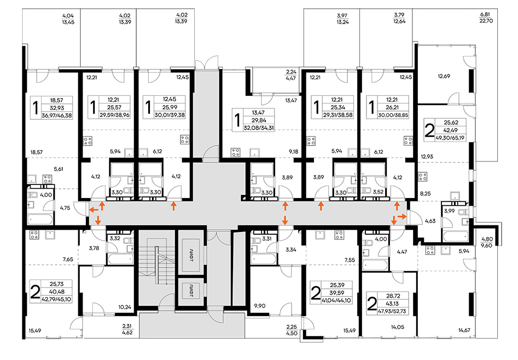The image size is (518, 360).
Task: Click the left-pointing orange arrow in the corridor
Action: click(94, 209)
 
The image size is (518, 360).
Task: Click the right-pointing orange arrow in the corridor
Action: click(402, 216)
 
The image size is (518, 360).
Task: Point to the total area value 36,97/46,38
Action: click(57, 115)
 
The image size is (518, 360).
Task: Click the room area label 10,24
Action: click(125, 307)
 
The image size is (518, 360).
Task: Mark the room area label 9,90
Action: click(260, 306)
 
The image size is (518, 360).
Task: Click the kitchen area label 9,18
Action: click(293, 152)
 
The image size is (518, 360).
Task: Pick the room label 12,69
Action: click(444, 76)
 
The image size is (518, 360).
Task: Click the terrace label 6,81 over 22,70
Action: click(486, 18)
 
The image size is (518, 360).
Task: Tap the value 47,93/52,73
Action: click(392, 311)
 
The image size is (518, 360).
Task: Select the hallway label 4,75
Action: click(65, 208)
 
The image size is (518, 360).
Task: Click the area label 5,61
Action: click(59, 169)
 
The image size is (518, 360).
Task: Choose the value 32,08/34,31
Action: click(259, 128)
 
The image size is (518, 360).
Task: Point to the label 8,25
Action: click(425, 194)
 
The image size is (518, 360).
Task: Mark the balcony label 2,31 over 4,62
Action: click(127, 329)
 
